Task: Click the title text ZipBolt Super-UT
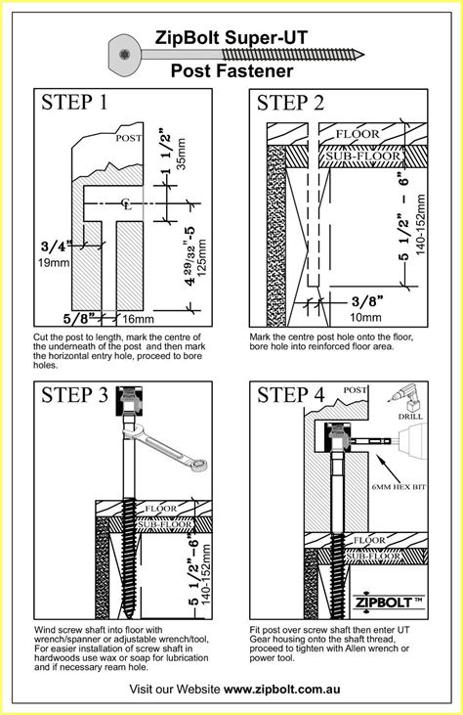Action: coord(231,38)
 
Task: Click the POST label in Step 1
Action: coord(129,139)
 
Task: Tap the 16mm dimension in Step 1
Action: coord(138,319)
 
